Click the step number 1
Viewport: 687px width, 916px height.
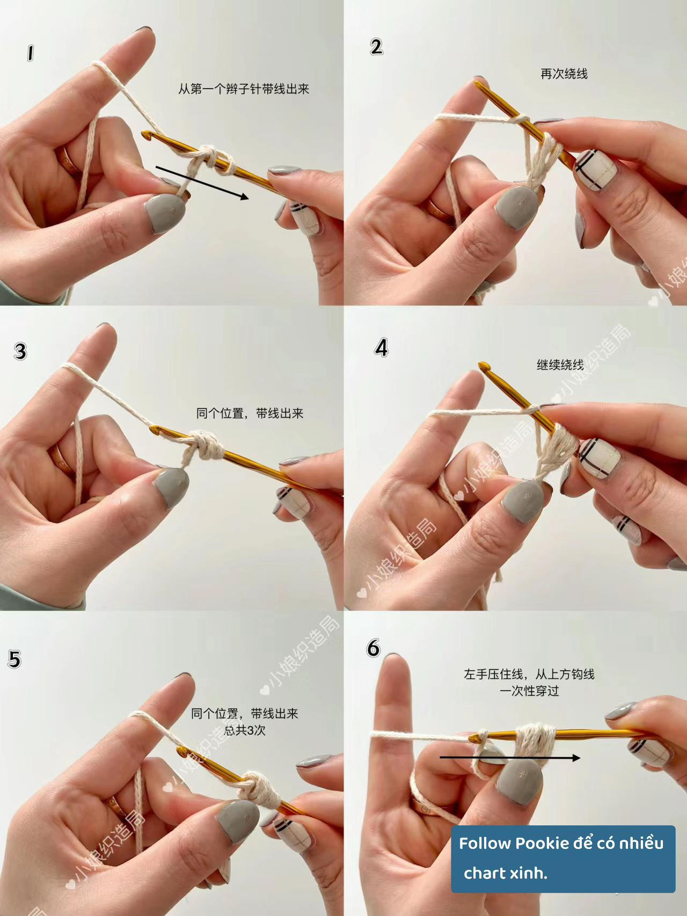coord(31,54)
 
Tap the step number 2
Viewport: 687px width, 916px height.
coord(376,47)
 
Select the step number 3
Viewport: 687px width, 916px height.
coord(20,351)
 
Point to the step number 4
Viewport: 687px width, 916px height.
coord(381,348)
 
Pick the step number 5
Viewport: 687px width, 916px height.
coord(14,659)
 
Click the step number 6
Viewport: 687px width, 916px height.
coord(374,648)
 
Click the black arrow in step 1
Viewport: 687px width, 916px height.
coord(202,183)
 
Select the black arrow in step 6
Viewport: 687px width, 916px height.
coord(510,758)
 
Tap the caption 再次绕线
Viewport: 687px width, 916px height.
coord(564,74)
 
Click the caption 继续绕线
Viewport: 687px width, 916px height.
coord(560,365)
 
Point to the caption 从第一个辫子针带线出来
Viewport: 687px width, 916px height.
coord(244,89)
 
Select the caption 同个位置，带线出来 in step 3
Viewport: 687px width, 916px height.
coord(250,413)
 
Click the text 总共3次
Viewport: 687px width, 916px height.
coord(245,730)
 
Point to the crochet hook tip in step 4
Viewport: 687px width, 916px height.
coord(483,366)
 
